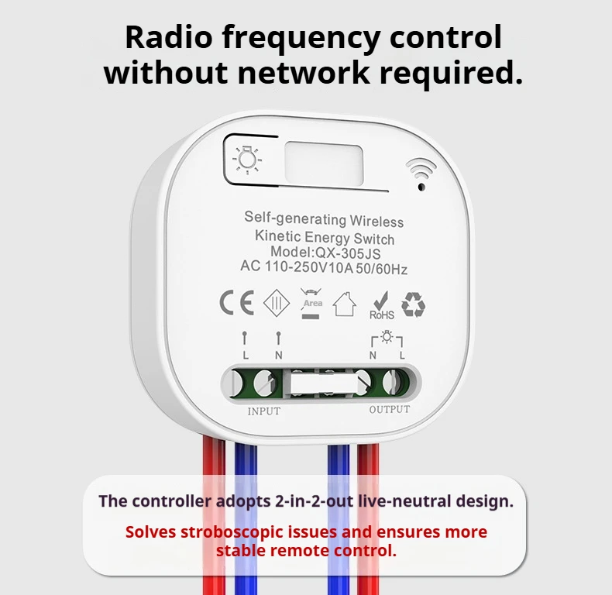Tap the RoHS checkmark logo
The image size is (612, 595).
[381, 304]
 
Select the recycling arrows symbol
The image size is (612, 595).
[413, 304]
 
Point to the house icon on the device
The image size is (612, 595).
[345, 303]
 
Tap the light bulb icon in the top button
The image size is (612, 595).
[246, 160]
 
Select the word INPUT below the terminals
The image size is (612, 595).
[263, 411]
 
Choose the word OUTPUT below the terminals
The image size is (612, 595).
[389, 409]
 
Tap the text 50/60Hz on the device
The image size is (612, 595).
[381, 269]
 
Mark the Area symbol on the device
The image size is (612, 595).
[312, 303]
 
